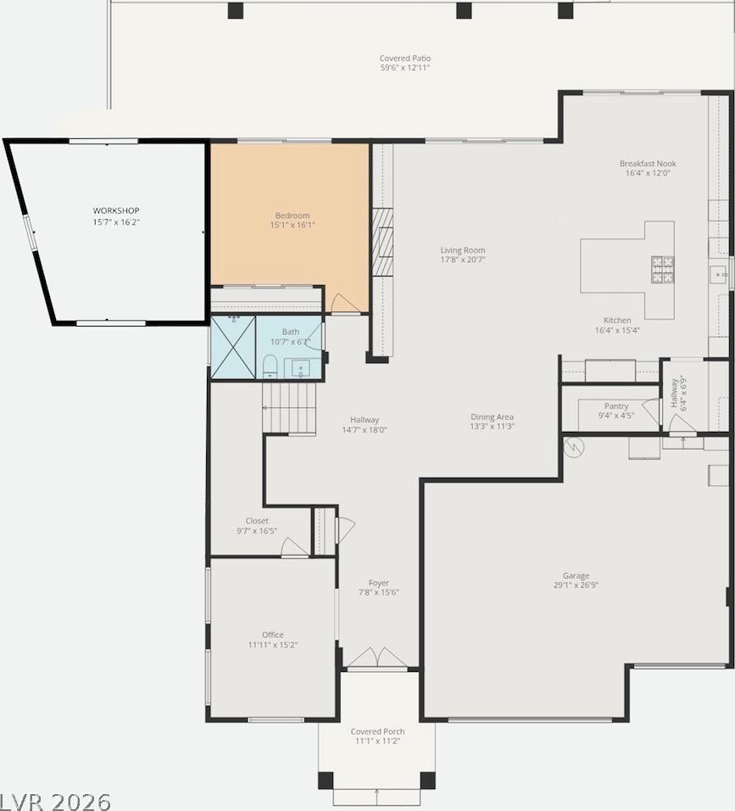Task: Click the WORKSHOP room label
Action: coord(116,210)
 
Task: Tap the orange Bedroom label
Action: coord(292,215)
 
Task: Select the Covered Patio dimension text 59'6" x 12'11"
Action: coord(405,68)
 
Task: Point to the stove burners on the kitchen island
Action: coord(663,270)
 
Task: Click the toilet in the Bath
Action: coord(270,366)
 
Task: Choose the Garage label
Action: coord(576,576)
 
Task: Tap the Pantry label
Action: coord(616,406)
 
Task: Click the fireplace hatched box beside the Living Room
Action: coord(382,242)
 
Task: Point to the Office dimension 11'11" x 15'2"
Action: coord(273,645)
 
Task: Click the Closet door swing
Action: coord(295,546)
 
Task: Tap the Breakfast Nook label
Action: coord(648,164)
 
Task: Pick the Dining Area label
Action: coord(492,417)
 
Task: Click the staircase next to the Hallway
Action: coord(289,407)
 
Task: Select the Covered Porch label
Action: coord(377,731)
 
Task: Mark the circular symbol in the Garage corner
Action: coord(573,447)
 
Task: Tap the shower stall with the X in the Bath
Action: coord(233,348)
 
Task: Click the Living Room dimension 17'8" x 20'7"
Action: coord(463,260)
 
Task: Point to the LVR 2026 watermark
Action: coord(55,802)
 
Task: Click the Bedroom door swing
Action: coord(343,303)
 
